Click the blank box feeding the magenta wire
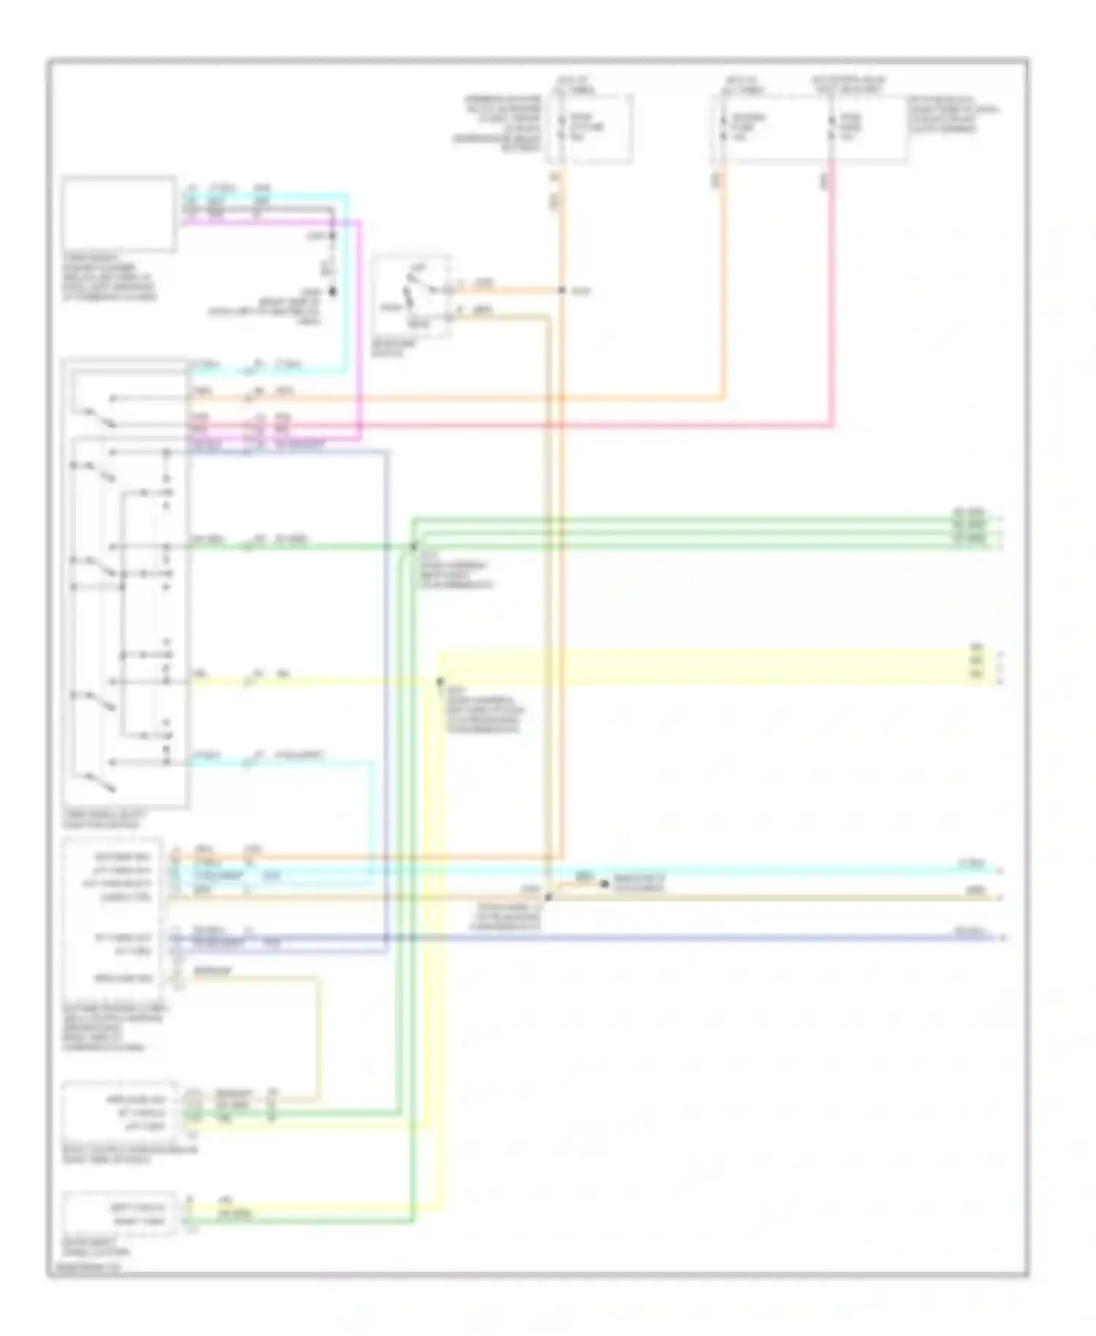(118, 214)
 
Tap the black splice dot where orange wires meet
(562, 291)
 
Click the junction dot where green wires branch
(413, 546)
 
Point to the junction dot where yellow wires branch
(440, 681)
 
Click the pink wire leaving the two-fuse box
(832, 292)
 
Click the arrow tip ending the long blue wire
(1002, 937)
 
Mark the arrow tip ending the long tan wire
(1001, 897)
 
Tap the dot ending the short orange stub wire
(604, 884)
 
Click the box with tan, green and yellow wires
(120, 1112)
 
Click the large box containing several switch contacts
(126, 585)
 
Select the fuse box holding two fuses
(807, 128)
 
